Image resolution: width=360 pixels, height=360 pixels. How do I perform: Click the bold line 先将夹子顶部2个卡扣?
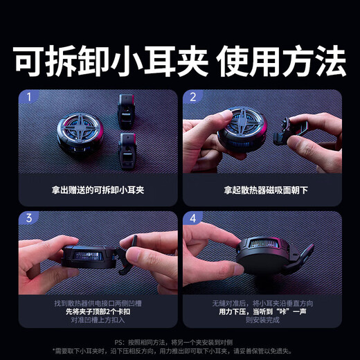tap(97, 312)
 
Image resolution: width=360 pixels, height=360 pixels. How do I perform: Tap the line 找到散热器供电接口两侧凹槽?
tap(97, 303)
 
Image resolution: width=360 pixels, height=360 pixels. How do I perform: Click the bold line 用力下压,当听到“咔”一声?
tap(262, 312)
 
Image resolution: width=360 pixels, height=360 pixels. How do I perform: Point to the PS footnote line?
tap(180, 341)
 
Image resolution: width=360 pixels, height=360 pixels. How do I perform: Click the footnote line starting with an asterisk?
tap(180, 350)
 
